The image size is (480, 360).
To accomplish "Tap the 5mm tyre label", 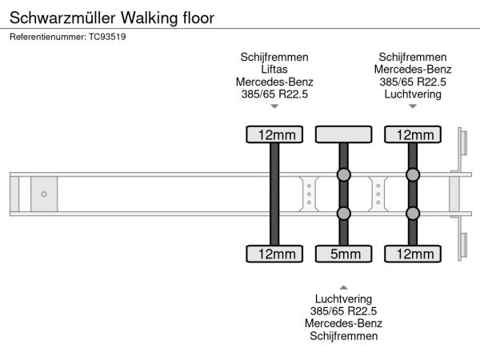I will click(343, 254).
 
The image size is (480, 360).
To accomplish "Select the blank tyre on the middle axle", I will click(343, 134).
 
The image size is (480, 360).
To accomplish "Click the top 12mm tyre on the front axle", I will click(274, 134).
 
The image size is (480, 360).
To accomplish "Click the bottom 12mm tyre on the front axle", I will click(274, 254).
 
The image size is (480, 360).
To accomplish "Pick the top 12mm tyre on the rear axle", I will click(413, 134).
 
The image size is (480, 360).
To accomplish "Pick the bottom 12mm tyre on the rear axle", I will click(413, 254).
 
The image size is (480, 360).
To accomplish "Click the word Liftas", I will click(274, 70).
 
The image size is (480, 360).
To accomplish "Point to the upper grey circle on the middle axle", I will click(343, 175).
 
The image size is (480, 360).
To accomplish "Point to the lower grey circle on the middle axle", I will click(343, 213).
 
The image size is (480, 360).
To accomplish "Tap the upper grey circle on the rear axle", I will click(413, 175).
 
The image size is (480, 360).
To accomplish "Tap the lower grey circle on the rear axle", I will click(413, 213).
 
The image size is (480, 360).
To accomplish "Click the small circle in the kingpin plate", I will click(44, 194).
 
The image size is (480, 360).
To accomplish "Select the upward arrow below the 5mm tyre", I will click(343, 286).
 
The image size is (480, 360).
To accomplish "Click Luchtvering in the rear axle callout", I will click(413, 94).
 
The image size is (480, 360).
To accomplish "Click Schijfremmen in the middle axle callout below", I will click(343, 335).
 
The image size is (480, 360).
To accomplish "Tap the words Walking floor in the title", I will click(170, 17).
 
